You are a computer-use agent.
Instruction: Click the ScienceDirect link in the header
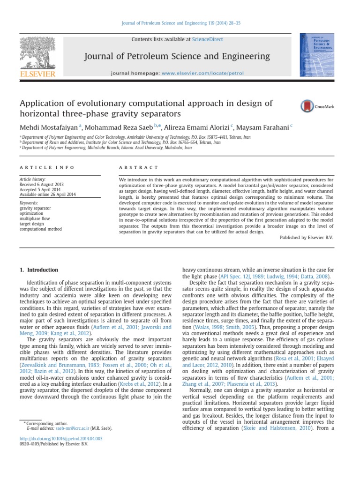(x=207, y=39)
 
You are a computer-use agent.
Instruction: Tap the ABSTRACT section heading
(x=139, y=168)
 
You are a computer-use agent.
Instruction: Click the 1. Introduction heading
(x=39, y=270)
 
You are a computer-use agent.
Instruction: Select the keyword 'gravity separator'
(x=36, y=208)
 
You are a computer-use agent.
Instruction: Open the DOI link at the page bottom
(x=60, y=438)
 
